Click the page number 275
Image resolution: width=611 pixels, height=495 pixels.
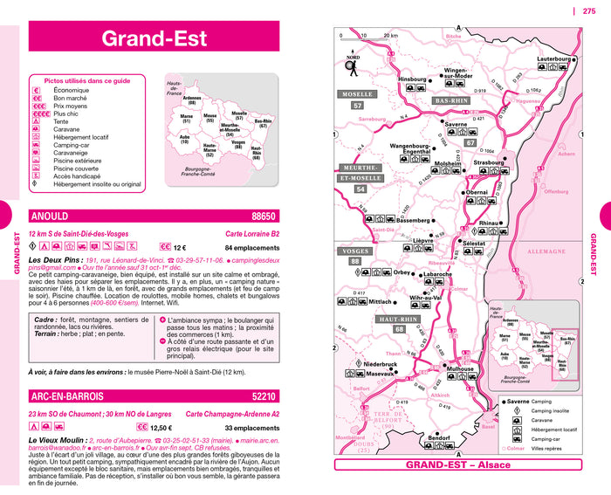(589, 11)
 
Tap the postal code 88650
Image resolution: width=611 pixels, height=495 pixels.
(263, 217)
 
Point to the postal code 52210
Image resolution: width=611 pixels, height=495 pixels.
(263, 397)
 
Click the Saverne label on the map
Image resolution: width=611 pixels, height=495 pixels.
(450, 124)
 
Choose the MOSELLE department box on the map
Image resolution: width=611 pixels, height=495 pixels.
(358, 93)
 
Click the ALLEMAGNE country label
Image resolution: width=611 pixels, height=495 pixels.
(548, 251)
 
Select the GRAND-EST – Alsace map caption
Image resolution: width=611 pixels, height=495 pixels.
(458, 464)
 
